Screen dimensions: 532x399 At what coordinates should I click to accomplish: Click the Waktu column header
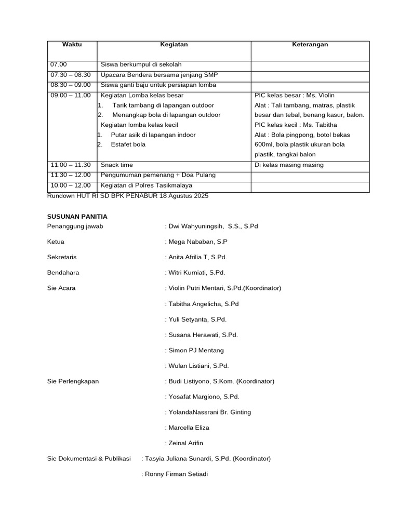pyautogui.click(x=72, y=45)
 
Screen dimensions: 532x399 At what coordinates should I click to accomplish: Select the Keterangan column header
pyautogui.click(x=310, y=45)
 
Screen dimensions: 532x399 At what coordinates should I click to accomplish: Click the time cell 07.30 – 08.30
pyautogui.click(x=70, y=75)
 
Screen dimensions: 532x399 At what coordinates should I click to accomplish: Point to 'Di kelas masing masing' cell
pyautogui.click(x=289, y=165)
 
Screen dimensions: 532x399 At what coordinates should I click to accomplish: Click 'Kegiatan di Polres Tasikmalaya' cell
pyautogui.click(x=147, y=185)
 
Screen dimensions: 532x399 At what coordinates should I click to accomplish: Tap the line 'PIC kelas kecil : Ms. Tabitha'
pyautogui.click(x=296, y=125)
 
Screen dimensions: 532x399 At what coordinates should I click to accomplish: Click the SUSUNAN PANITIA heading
pyautogui.click(x=77, y=217)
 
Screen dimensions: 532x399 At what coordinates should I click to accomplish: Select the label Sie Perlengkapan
pyautogui.click(x=73, y=381)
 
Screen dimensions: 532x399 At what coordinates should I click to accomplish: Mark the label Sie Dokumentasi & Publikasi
pyautogui.click(x=88, y=459)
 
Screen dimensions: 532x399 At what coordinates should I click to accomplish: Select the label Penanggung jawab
pyautogui.click(x=75, y=226)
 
